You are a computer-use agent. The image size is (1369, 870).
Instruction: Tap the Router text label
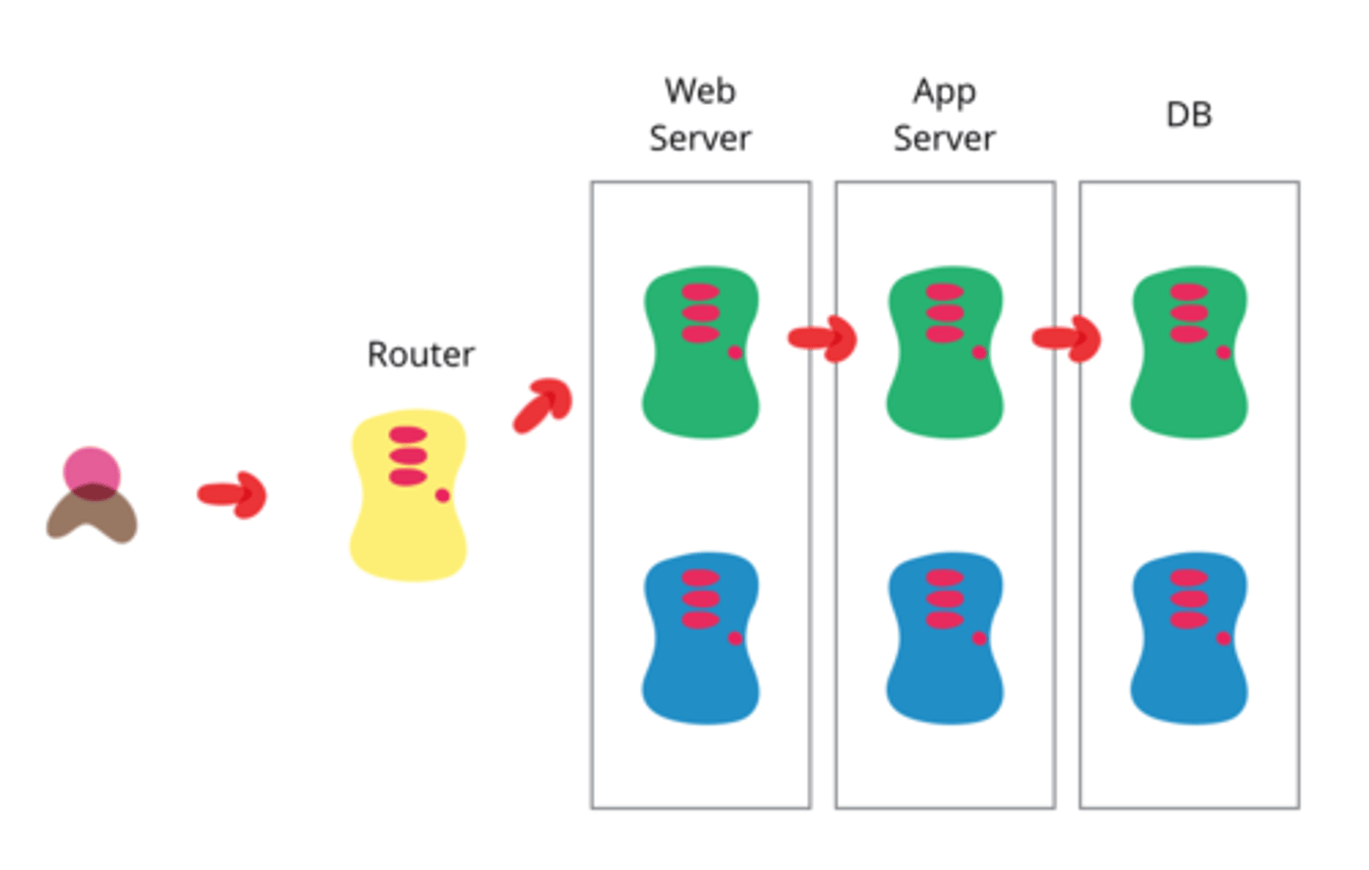click(420, 355)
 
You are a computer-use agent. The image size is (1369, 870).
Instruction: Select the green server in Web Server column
click(701, 380)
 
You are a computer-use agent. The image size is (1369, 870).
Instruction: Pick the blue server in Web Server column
click(701, 666)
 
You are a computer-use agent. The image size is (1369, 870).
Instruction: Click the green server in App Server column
click(944, 380)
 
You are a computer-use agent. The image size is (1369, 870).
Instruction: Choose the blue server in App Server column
click(944, 666)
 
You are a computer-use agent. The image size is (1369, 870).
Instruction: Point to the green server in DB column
click(1188, 380)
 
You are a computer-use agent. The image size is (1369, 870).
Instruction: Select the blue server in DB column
click(1188, 666)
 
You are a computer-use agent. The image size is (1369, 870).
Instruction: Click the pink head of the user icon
click(91, 469)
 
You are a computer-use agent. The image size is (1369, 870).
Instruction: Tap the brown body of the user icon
click(92, 518)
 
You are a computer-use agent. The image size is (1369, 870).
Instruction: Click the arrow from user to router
click(233, 494)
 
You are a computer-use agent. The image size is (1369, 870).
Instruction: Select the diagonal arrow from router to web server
click(543, 405)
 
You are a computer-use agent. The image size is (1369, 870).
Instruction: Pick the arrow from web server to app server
click(823, 338)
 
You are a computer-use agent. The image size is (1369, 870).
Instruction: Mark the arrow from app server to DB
click(1067, 338)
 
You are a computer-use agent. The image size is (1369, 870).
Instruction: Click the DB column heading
click(1188, 115)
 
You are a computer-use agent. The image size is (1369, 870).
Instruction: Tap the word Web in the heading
click(700, 91)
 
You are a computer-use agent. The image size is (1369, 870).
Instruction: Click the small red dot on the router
click(442, 495)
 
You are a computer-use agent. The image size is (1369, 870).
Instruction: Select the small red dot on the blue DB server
click(1224, 638)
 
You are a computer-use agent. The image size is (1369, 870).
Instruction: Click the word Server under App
click(944, 139)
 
